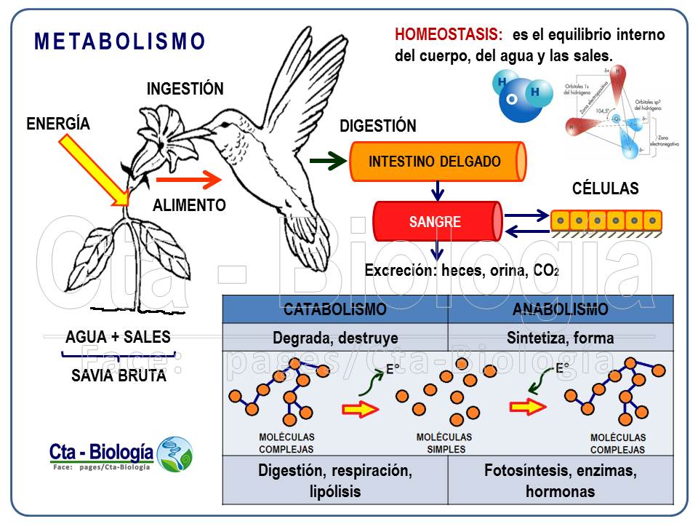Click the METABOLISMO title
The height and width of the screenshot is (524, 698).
(120, 41)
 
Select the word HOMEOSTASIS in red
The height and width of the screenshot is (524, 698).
(448, 34)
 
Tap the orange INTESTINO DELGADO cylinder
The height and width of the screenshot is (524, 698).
(436, 162)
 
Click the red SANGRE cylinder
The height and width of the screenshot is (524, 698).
(436, 222)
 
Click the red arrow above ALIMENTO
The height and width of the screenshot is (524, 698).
(188, 178)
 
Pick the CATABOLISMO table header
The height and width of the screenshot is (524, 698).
(334, 309)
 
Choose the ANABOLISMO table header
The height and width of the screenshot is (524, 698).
(560, 309)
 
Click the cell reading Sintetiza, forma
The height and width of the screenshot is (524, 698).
(560, 338)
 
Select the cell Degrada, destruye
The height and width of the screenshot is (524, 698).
(334, 338)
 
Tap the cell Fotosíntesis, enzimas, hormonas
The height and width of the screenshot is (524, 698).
(560, 480)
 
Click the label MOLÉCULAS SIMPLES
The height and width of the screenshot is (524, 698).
(444, 442)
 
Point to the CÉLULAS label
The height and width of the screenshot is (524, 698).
(605, 189)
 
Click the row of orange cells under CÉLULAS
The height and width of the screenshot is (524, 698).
(606, 221)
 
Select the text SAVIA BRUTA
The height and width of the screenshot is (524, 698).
(119, 376)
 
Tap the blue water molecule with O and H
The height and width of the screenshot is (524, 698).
(519, 97)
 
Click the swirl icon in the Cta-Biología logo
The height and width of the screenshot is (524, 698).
(175, 454)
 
